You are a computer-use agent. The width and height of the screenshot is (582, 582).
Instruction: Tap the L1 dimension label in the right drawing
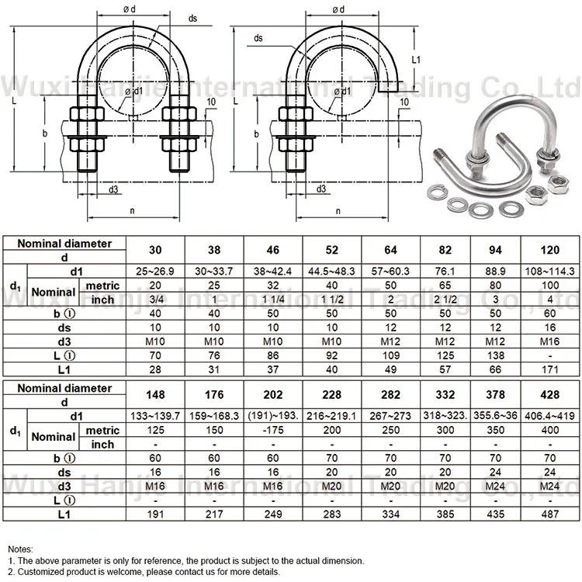point(415,59)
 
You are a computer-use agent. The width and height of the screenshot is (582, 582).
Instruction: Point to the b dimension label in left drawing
point(44,133)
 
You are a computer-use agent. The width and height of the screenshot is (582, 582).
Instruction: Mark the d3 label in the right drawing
point(320,189)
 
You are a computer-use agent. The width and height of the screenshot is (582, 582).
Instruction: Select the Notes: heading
point(21,548)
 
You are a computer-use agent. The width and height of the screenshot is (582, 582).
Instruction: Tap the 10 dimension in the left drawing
point(212,102)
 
